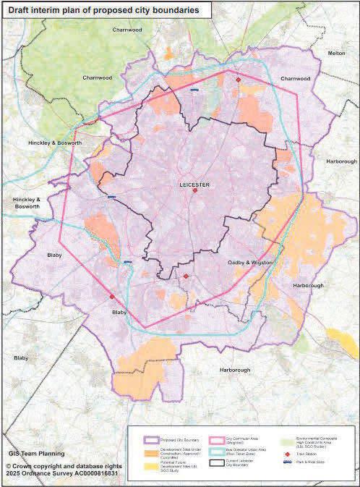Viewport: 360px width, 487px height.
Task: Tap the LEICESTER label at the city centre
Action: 194,185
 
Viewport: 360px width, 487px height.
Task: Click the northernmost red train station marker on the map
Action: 238,80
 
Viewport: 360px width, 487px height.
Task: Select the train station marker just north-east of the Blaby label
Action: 111,297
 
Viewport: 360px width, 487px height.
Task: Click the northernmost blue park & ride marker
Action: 194,90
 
